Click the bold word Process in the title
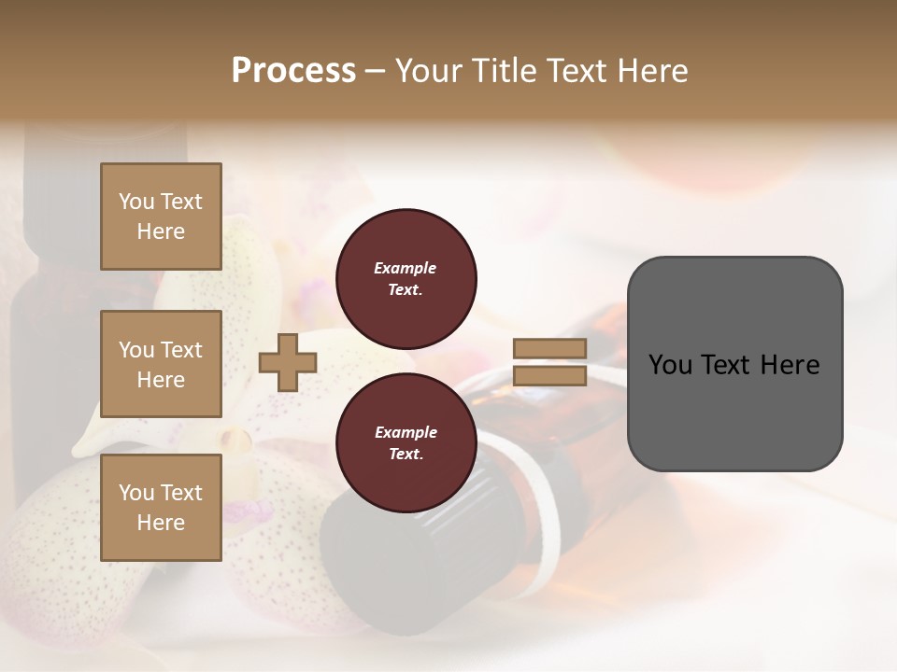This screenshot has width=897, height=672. pos(293,71)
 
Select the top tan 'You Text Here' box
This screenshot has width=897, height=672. pos(161,217)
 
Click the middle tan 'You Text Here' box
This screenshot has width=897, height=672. pos(161,364)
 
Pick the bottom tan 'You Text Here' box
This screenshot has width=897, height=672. pos(161,508)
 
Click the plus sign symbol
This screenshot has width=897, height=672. pos(288,362)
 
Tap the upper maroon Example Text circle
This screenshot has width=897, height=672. pos(406,279)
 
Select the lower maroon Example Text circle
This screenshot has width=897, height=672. pos(406,443)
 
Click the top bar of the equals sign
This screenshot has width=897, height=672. pos(549,348)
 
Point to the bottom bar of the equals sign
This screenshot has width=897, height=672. pos(549,376)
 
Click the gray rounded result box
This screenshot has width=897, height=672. pos(734,364)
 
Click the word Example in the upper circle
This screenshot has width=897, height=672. pos(405,268)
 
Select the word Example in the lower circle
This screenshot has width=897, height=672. pos(405,432)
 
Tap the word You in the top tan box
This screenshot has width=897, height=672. pos(136,202)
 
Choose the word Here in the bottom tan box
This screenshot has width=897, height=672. pos(161,523)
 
